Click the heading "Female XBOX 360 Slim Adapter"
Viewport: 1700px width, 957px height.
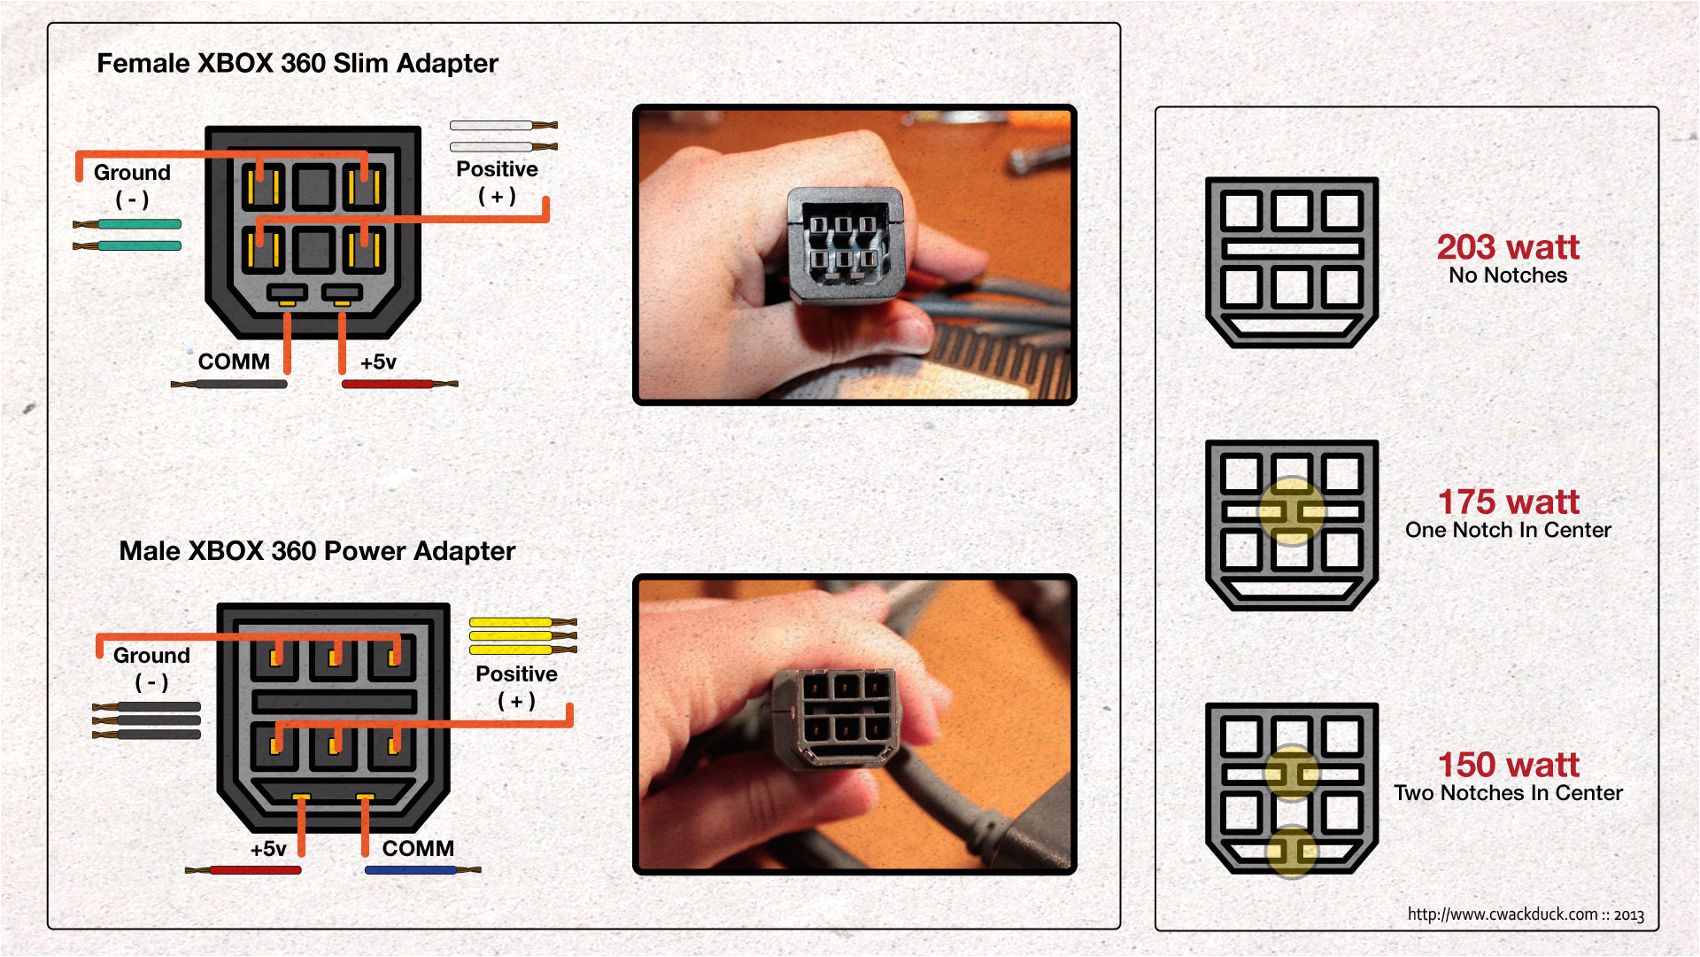tap(297, 64)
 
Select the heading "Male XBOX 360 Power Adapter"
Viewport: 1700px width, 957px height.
tap(317, 551)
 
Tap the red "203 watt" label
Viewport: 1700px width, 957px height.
tap(1508, 246)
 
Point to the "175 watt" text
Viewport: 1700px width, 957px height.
tap(1508, 502)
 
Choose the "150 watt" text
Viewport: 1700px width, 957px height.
tap(1508, 764)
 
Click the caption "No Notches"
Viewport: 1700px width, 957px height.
tap(1508, 276)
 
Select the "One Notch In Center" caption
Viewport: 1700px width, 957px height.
tap(1508, 530)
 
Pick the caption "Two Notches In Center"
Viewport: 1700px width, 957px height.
tap(1508, 793)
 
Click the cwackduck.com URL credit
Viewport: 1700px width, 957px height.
tap(1526, 914)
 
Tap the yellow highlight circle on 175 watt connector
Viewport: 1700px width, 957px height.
tap(1292, 511)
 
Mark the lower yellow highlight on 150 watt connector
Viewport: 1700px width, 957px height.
tap(1292, 852)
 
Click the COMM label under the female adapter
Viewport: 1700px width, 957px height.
tap(234, 362)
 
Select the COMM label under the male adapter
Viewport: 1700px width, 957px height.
tap(418, 849)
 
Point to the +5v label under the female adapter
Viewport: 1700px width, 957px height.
tap(378, 362)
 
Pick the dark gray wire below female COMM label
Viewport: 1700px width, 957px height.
tap(228, 385)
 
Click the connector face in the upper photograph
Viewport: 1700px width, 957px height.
tap(846, 248)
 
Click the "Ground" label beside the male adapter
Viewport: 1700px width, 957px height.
tap(151, 656)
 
